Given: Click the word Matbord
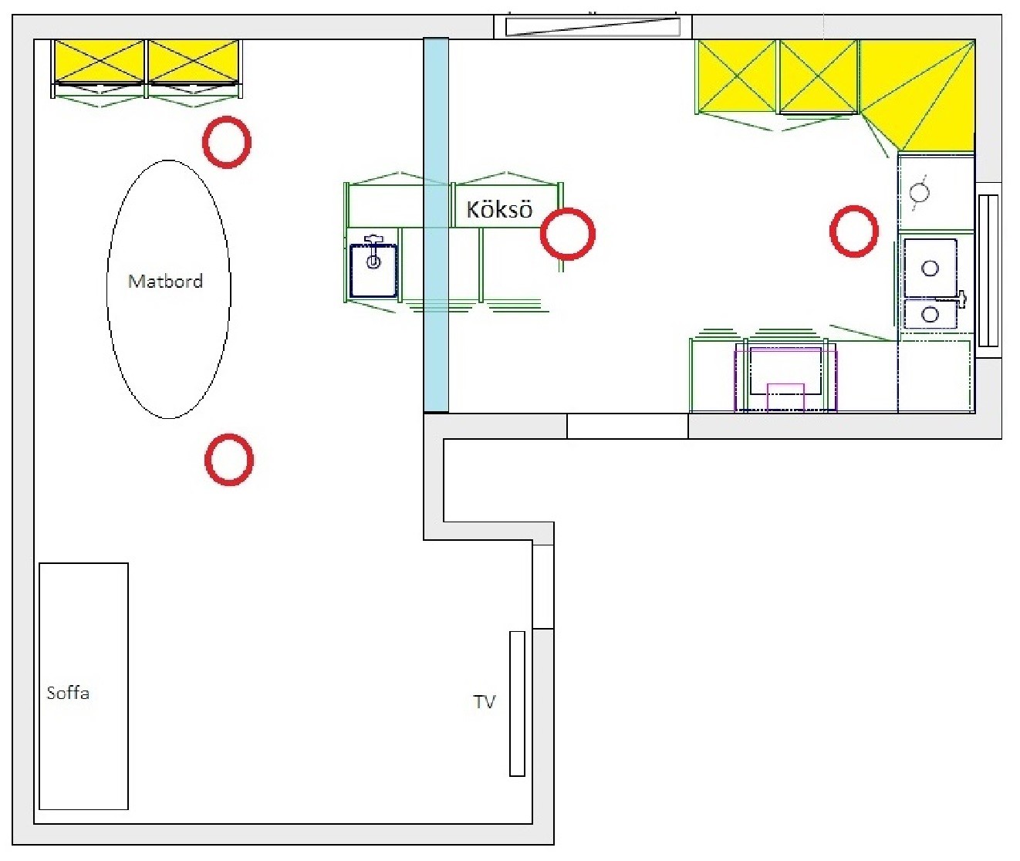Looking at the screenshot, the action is [165, 282].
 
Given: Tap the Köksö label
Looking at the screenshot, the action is [499, 210].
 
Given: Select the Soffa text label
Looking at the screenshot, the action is [68, 692].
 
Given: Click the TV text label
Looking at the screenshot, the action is [484, 702].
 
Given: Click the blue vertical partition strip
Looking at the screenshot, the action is [436, 225].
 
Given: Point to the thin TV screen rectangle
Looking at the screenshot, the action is [517, 704].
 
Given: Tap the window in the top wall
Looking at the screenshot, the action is [593, 26].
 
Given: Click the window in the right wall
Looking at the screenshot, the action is [988, 271].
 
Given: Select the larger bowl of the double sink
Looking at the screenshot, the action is [930, 268].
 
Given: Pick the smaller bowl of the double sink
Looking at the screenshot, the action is [930, 314].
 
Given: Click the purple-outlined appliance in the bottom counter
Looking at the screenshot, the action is [785, 380].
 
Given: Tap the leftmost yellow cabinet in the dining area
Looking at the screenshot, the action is [100, 61].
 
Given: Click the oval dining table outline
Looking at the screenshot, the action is [107, 289].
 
